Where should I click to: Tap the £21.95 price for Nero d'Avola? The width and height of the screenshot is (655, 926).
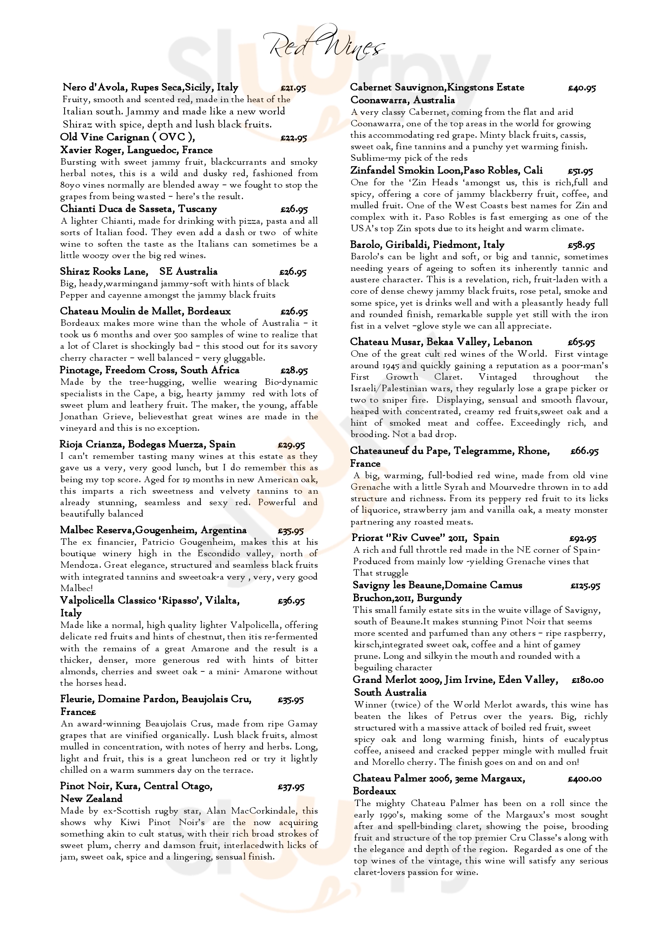(293, 88)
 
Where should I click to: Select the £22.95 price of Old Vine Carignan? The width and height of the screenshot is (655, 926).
(293, 138)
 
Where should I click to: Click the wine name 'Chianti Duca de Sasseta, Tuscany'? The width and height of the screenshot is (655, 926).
(138, 209)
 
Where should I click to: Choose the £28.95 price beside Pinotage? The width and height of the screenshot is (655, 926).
(294, 371)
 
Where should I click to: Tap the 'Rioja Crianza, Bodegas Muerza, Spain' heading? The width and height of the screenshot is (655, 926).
(147, 445)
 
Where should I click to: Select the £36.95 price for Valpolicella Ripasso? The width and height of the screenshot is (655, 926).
(291, 601)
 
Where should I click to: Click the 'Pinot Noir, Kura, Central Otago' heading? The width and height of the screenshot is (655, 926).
(136, 786)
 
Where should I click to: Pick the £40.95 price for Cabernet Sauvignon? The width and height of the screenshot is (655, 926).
(582, 88)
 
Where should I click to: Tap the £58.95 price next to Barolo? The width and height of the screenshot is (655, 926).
(581, 245)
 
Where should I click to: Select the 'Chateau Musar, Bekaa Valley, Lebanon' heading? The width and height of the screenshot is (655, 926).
(441, 342)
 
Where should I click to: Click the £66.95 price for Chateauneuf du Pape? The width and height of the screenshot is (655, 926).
(585, 452)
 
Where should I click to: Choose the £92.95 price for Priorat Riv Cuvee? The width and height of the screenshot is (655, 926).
(583, 538)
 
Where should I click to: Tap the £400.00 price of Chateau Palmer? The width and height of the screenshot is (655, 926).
(585, 779)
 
